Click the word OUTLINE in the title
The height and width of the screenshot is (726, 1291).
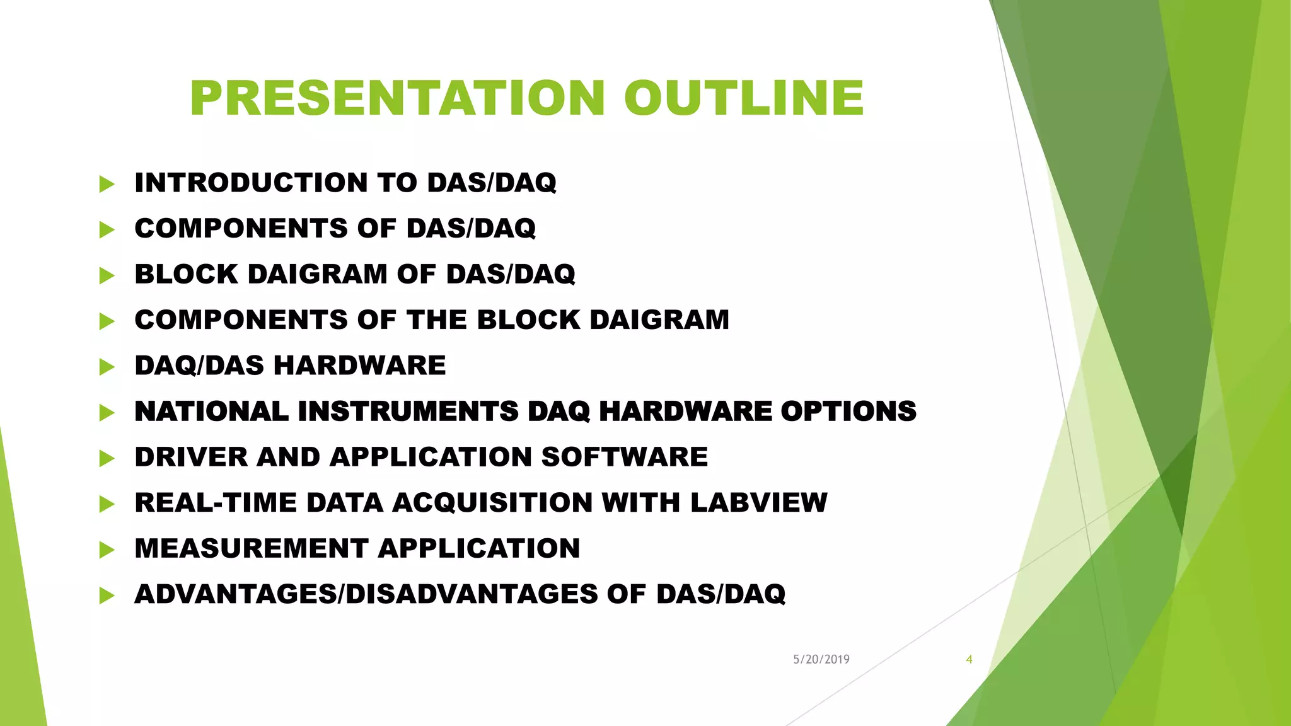coord(744,98)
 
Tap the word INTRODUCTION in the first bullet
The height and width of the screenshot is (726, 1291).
coord(251,183)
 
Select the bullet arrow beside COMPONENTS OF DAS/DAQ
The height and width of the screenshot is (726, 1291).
coord(107,229)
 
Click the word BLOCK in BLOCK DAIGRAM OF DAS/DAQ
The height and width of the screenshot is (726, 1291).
coord(186,274)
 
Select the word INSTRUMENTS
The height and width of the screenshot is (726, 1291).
coord(408,412)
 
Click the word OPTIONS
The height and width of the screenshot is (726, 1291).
coord(848,412)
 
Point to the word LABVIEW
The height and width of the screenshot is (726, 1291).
coord(758,503)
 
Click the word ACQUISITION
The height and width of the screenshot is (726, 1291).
coord(492,503)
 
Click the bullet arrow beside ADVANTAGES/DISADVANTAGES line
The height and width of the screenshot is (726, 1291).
coord(107,596)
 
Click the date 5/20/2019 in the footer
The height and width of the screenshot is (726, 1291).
coord(821,659)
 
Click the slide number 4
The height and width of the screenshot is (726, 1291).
coord(969,659)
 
